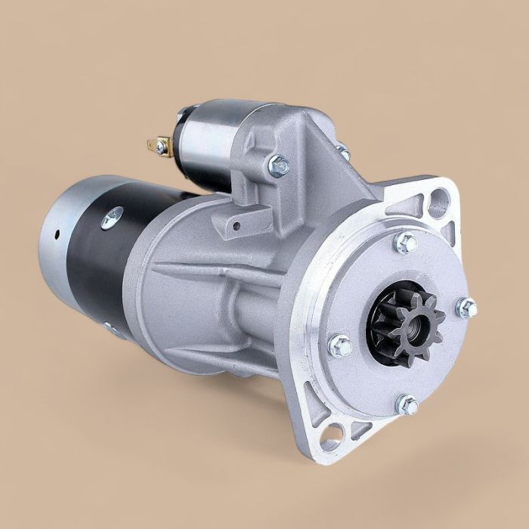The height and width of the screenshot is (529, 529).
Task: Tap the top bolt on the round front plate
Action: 405,243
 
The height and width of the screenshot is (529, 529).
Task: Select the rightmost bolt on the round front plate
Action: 467,308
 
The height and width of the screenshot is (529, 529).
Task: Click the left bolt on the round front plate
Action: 340,347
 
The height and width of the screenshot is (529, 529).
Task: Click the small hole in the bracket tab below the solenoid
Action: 234,224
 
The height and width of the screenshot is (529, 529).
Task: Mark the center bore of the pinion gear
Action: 402,320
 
